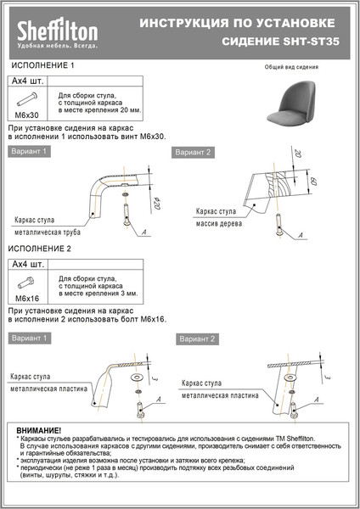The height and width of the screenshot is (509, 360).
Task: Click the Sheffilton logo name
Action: (58, 31)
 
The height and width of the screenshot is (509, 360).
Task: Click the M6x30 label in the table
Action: (27, 114)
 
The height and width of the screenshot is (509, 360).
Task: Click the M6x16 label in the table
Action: (27, 299)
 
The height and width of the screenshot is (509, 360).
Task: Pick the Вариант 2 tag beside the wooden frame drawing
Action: (193, 153)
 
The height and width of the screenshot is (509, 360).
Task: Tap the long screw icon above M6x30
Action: (27, 98)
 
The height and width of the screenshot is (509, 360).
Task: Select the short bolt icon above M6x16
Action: (27, 283)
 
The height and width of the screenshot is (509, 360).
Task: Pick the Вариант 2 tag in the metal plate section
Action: (198, 338)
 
